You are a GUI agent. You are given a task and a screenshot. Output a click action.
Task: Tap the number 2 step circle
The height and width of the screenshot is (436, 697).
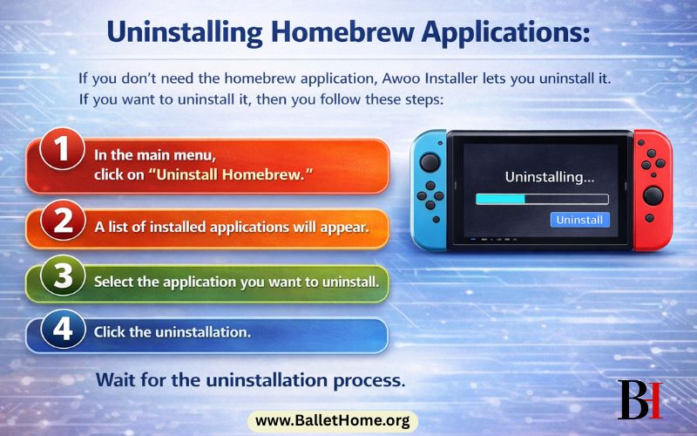pos(62,221)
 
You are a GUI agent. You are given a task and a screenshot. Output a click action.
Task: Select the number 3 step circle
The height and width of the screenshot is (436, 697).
pos(62,276)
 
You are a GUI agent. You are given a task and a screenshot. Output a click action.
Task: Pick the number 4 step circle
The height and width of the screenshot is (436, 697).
pos(62,331)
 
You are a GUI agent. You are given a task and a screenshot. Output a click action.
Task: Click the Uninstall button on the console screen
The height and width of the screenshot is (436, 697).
pos(580,219)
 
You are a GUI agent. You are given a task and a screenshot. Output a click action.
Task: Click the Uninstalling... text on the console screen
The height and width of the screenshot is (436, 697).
pos(550,176)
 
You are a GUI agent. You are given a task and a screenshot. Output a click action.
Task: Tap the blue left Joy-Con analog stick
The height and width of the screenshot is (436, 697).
pos(429,162)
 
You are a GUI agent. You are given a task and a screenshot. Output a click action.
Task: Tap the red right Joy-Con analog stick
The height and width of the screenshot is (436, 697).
pos(652,194)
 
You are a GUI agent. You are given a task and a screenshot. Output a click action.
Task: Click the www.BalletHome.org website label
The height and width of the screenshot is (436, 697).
pos(332,421)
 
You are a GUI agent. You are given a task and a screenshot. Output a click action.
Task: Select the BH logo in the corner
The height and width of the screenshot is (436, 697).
pos(639,399)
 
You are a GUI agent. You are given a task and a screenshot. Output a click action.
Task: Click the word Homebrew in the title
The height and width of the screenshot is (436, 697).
pos(322,33)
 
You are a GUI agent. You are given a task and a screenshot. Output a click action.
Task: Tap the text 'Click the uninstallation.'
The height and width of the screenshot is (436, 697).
pos(173,332)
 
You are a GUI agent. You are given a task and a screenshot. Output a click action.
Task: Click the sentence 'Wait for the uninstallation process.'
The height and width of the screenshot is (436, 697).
pos(250,380)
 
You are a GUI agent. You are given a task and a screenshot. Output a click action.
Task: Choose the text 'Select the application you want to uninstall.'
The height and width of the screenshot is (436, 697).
pos(236,282)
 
